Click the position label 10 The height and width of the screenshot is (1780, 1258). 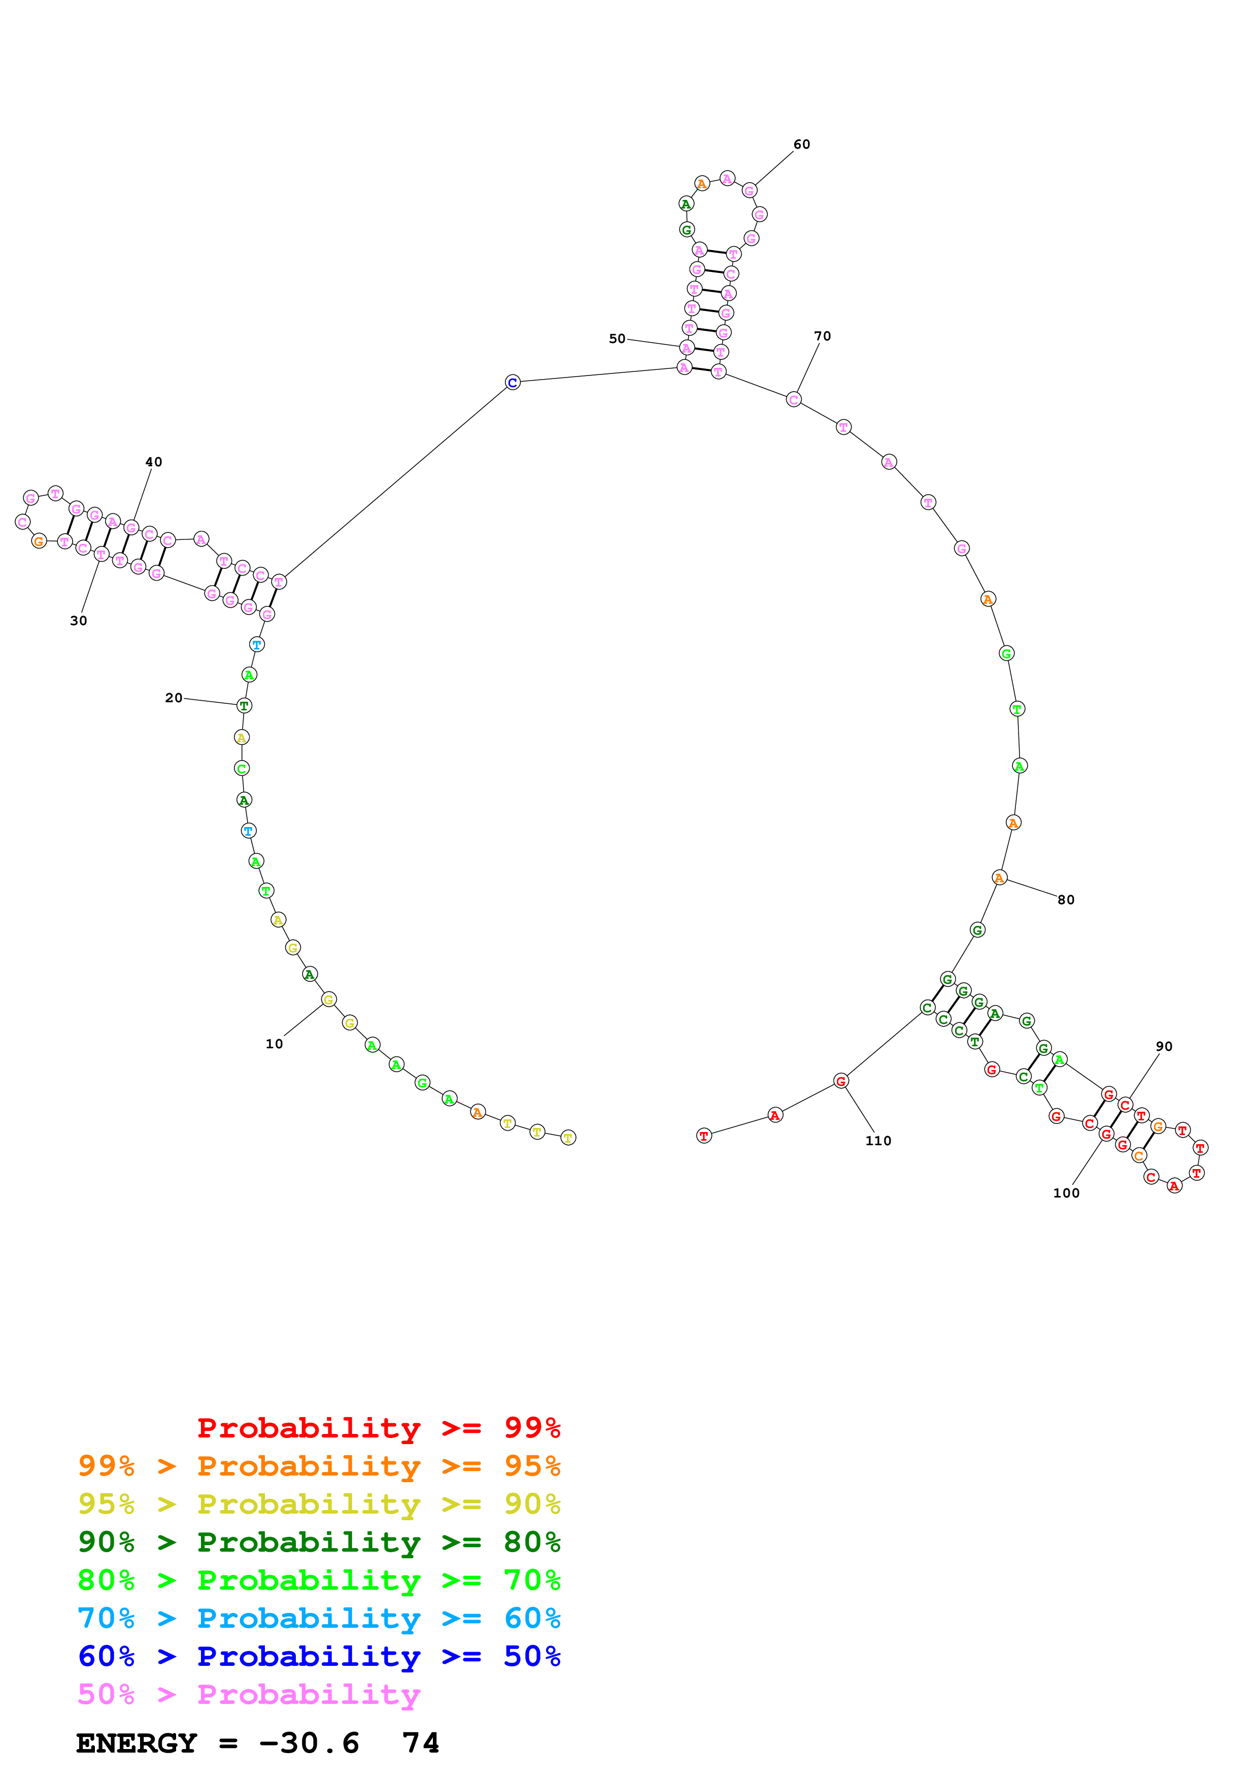(275, 1044)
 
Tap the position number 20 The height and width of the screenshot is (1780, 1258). (174, 698)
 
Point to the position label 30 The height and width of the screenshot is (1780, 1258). (78, 621)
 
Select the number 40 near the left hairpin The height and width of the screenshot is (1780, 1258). (153, 462)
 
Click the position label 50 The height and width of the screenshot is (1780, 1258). (617, 339)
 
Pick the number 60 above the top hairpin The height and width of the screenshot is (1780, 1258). (801, 144)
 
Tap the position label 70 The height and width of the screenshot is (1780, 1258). (823, 336)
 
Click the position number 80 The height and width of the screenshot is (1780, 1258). (1066, 900)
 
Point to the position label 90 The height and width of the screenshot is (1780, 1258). (1164, 1047)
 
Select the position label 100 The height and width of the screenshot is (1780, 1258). (1066, 1193)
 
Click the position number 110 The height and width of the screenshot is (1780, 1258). (878, 1141)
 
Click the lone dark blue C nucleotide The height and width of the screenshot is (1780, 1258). (513, 382)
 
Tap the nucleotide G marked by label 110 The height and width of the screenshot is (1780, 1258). (841, 1081)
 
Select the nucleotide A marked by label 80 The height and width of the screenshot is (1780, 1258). (999, 878)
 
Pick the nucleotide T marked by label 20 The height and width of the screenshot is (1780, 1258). (244, 705)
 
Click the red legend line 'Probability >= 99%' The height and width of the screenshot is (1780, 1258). (378, 1428)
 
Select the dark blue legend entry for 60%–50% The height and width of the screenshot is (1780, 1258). (319, 1656)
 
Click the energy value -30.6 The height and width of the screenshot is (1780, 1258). (309, 1743)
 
